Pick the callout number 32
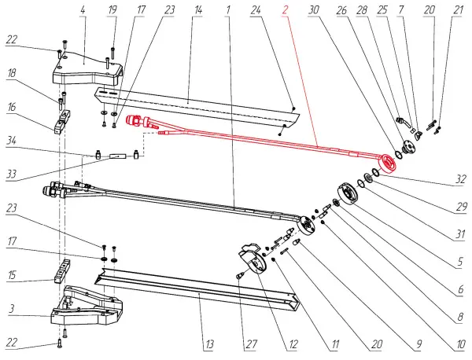coord(459,178)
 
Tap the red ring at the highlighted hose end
coord(389,163)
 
